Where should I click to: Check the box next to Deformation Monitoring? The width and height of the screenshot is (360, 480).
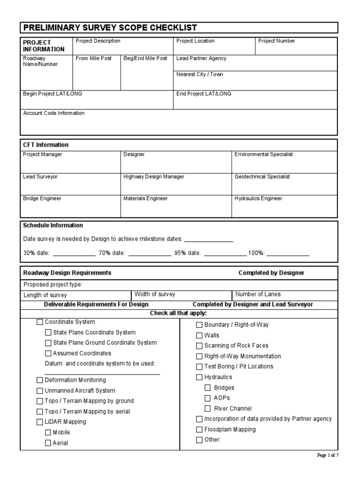pyautogui.click(x=39, y=380)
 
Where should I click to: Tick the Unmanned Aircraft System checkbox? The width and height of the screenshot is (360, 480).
pyautogui.click(x=39, y=390)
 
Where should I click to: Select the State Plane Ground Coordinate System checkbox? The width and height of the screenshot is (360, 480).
pyautogui.click(x=48, y=343)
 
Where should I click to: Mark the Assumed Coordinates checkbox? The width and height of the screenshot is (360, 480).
pyautogui.click(x=48, y=353)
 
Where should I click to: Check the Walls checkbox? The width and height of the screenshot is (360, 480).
pyautogui.click(x=199, y=336)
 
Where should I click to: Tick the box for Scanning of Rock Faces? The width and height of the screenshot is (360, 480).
pyautogui.click(x=199, y=346)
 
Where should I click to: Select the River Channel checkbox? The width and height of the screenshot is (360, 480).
pyautogui.click(x=208, y=409)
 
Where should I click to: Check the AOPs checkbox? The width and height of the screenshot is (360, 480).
pyautogui.click(x=208, y=398)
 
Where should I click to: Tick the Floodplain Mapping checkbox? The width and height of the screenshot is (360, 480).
pyautogui.click(x=199, y=429)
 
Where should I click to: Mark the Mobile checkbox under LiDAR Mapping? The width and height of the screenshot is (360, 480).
pyautogui.click(x=48, y=432)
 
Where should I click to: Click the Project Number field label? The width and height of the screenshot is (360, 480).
pyautogui.click(x=277, y=41)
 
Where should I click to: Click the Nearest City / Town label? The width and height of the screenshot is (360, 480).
pyautogui.click(x=200, y=75)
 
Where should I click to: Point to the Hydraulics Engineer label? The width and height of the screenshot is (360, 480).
pyautogui.click(x=258, y=199)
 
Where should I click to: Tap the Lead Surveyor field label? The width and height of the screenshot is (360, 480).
pyautogui.click(x=40, y=177)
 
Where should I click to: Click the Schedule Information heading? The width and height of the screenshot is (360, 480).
pyautogui.click(x=53, y=225)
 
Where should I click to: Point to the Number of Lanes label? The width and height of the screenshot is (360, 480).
pyautogui.click(x=258, y=294)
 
